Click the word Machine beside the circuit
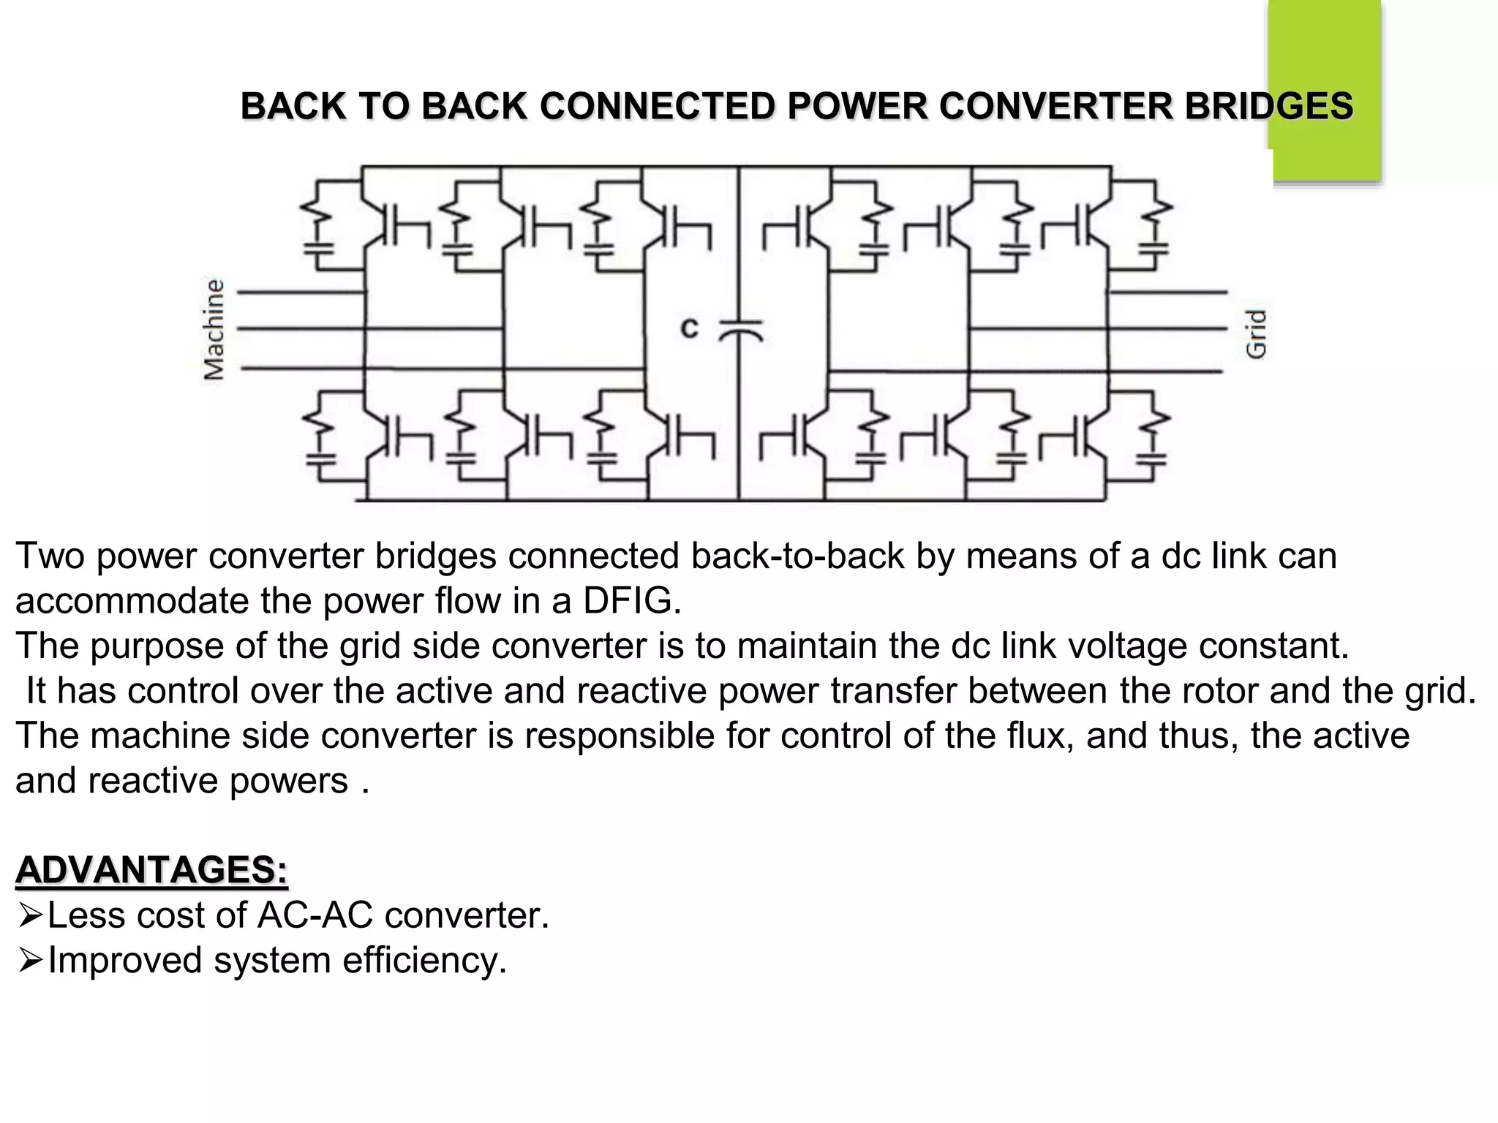click(214, 330)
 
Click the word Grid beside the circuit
click(1255, 333)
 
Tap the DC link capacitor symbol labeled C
click(739, 330)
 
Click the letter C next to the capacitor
click(689, 328)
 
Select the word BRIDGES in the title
click(1268, 107)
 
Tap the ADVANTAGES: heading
click(151, 870)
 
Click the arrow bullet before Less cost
click(30, 915)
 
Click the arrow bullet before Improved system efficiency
click(30, 960)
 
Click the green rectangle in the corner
click(1325, 88)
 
